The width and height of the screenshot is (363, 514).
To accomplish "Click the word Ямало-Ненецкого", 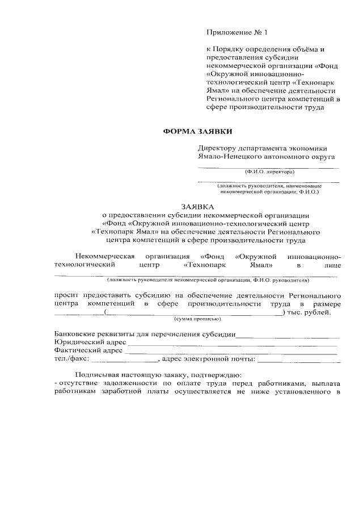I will tap(227, 156).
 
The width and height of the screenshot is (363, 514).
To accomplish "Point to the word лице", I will tap(333, 265).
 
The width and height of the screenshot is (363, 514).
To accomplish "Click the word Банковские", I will tap(74, 334).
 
